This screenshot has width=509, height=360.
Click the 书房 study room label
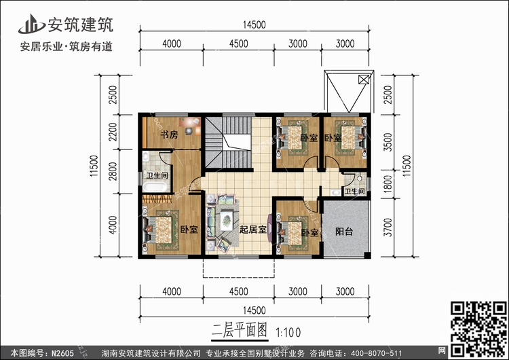[169, 134]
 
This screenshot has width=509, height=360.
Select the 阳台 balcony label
[344, 231]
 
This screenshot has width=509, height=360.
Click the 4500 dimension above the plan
[237, 45]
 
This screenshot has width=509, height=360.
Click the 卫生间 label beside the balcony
[355, 192]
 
